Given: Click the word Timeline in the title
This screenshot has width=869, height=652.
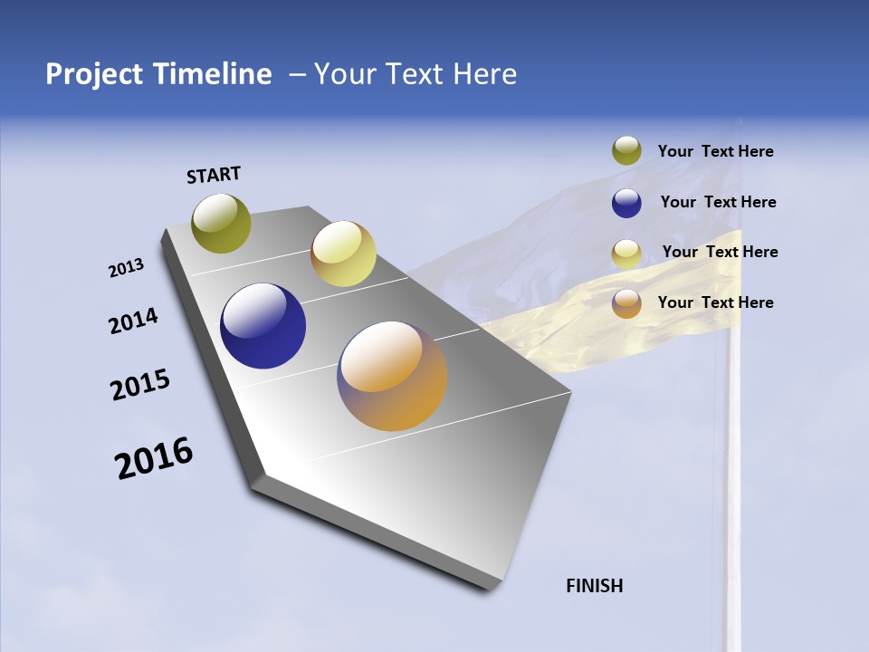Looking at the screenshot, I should point(212,74).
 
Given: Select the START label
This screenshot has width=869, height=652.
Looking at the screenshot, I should point(214,175).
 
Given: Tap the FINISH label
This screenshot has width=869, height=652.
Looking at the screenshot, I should point(595,586).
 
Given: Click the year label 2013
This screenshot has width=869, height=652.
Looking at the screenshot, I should point(127,268).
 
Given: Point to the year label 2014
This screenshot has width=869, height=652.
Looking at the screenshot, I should point(134,321).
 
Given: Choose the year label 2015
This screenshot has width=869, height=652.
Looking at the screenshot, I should point(140,385).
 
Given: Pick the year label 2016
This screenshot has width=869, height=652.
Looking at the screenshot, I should point(155,458).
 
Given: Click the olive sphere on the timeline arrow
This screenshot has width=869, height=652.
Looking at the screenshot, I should point(222,223).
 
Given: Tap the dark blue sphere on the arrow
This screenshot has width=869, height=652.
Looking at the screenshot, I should point(263,326).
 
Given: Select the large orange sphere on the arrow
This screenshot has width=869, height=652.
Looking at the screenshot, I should point(392,376).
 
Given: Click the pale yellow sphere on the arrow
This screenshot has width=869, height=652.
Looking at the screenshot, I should point(343,254).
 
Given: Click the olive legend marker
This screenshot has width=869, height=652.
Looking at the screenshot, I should point(626,151).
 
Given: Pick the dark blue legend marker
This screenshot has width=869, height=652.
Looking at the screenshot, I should point(626,203).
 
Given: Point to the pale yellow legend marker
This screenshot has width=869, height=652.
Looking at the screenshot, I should point(626,254).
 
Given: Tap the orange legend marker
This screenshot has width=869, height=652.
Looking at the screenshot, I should point(626,303).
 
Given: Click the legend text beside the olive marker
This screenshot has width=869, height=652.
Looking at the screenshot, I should point(715,152).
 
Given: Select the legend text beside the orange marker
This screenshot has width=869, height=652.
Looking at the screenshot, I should point(715,302).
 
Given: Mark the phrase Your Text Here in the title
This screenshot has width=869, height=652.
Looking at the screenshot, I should point(415,74).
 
